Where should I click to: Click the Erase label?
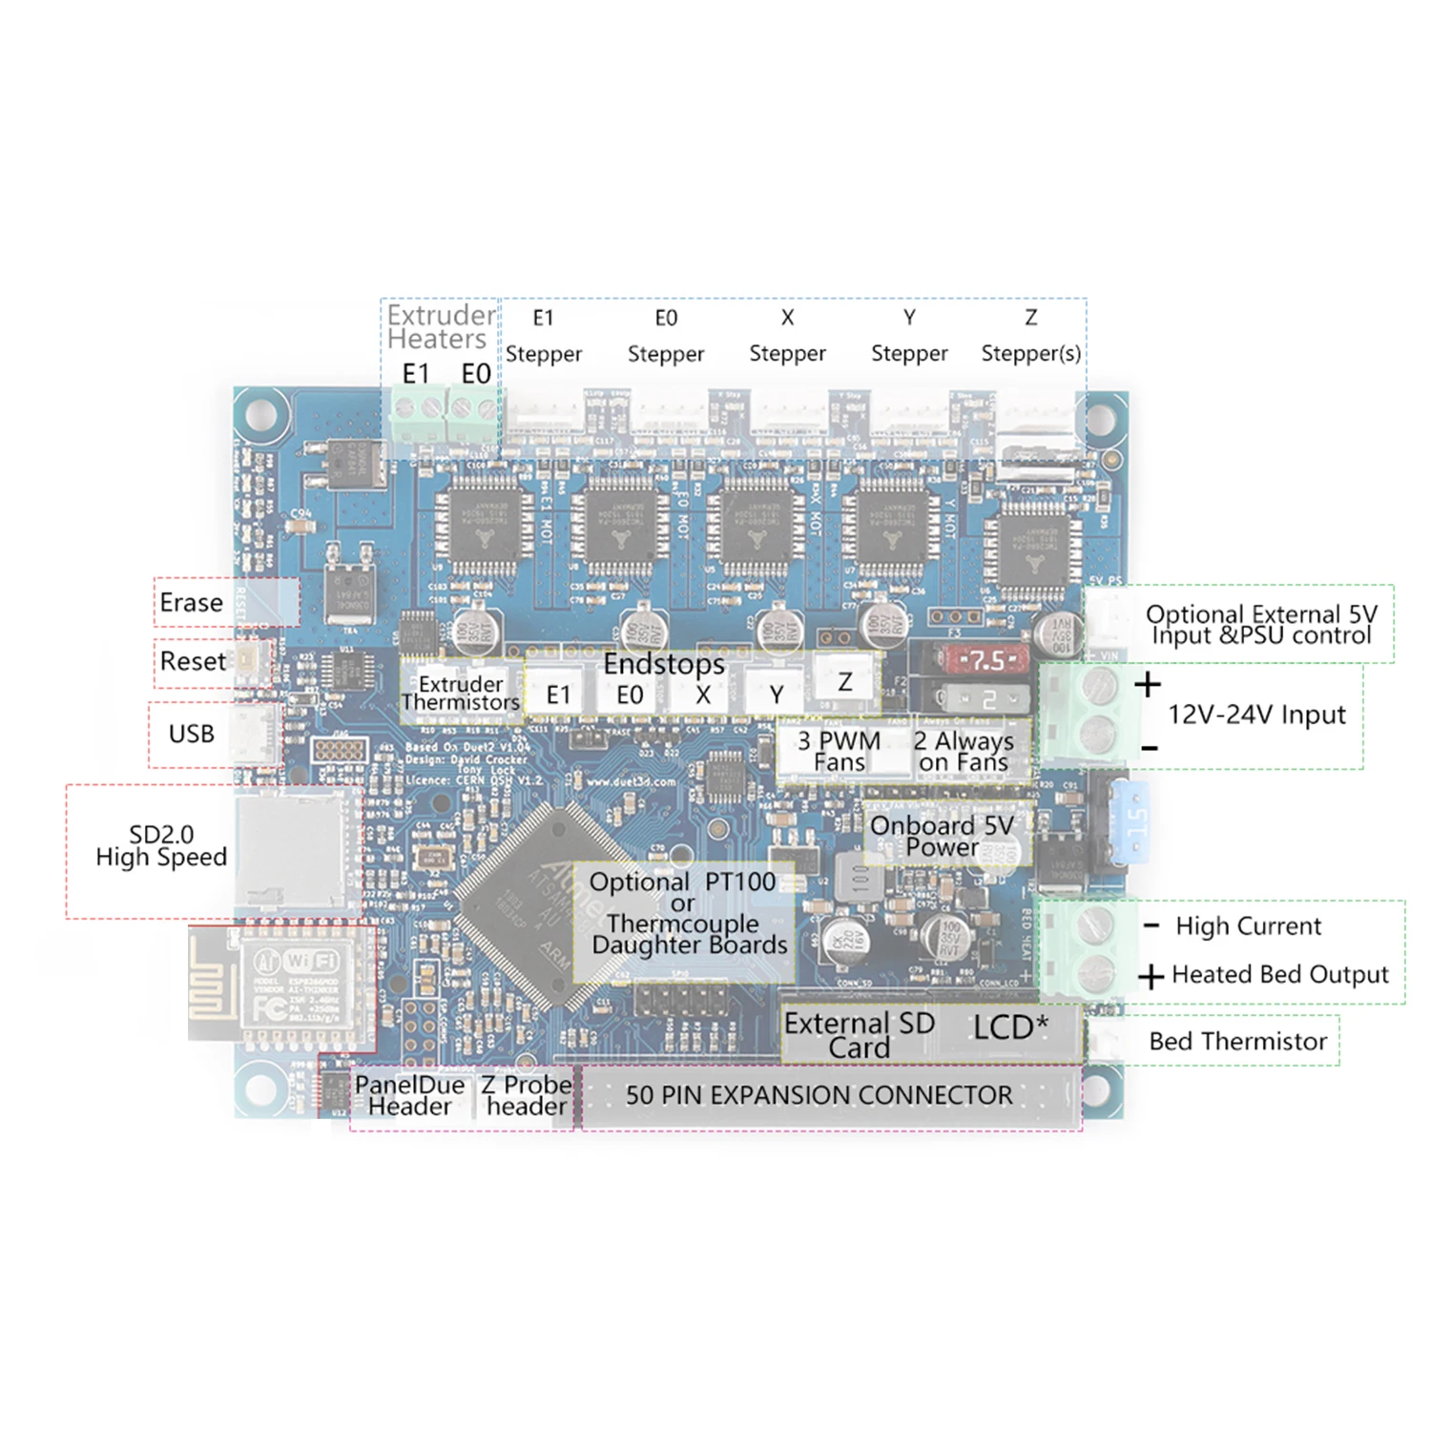click(192, 603)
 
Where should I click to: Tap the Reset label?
click(193, 661)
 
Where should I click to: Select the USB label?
click(192, 734)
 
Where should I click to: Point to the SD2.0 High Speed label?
click(161, 846)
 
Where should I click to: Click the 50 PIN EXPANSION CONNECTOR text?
click(819, 1095)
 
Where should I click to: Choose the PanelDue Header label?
click(409, 1096)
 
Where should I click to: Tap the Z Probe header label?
click(526, 1096)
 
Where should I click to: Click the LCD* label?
click(1009, 1028)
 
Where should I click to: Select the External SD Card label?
click(859, 1035)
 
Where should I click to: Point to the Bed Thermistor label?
click(1237, 1042)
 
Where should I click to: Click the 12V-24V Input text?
click(1256, 715)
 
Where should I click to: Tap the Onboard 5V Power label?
click(942, 836)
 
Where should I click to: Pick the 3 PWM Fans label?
click(840, 751)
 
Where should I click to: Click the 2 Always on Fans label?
click(964, 751)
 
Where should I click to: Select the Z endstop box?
click(845, 683)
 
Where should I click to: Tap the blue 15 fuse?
click(1135, 820)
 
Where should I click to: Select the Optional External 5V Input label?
click(1261, 625)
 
